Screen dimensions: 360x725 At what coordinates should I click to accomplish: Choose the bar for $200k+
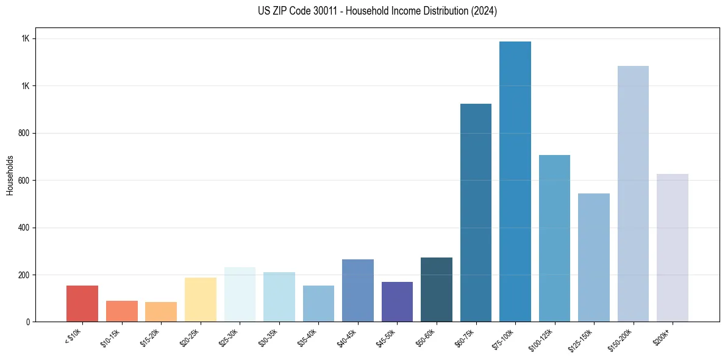tap(673, 248)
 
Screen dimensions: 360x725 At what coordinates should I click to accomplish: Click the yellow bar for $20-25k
tap(201, 300)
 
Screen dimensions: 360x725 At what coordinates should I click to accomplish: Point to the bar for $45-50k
tap(397, 301)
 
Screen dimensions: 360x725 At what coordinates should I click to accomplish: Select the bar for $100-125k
tap(554, 238)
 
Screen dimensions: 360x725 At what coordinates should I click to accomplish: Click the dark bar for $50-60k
tap(437, 289)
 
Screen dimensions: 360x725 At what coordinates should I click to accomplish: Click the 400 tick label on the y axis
tap(24, 228)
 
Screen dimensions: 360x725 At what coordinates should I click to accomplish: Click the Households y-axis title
tap(10, 175)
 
